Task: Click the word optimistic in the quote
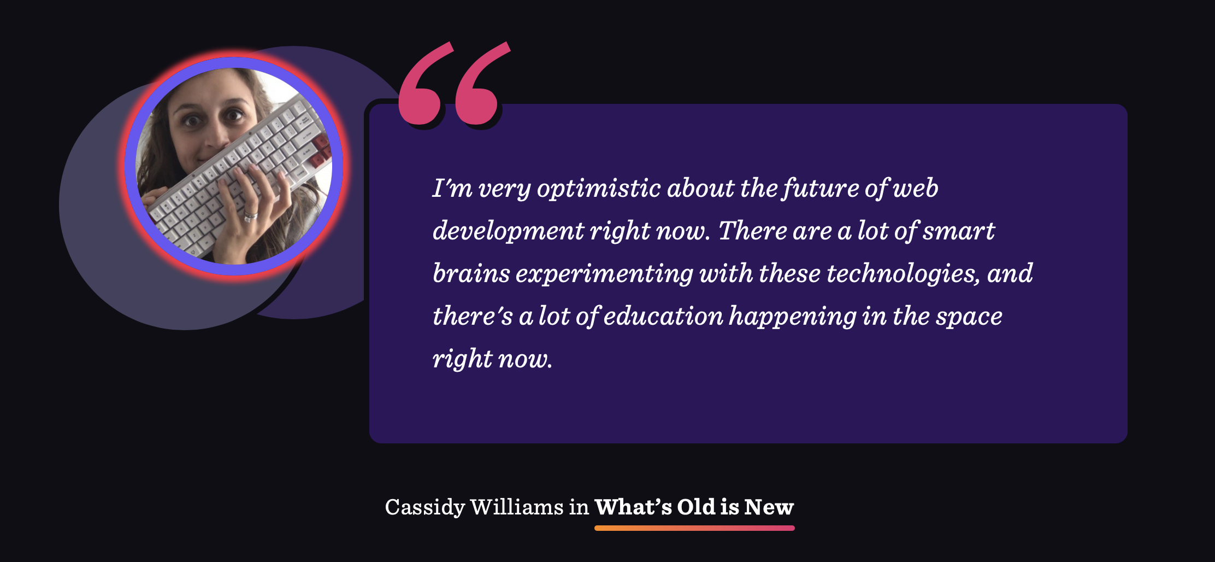[599, 189]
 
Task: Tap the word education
[663, 316]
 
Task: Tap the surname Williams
[516, 507]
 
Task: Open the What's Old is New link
[694, 507]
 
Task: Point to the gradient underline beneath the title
[694, 528]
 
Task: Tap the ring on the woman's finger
[250, 215]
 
